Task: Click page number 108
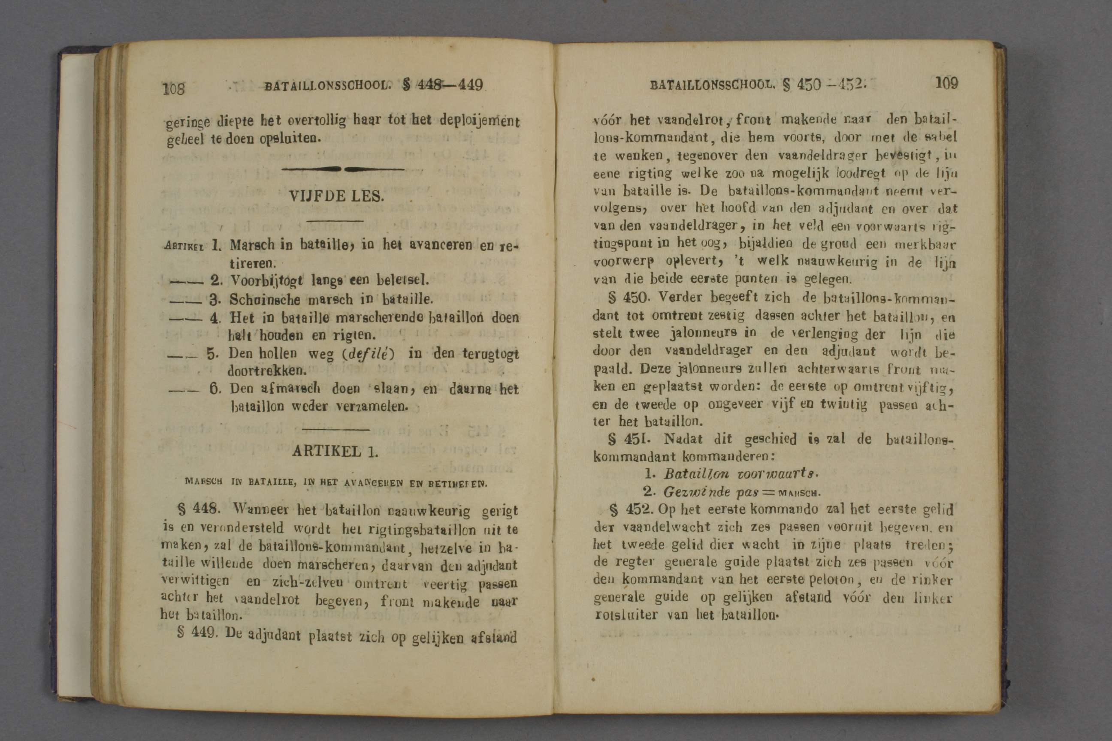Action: (x=173, y=88)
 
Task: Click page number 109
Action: (x=946, y=84)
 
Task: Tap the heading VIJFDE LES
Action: (x=336, y=196)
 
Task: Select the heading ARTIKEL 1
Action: (x=335, y=451)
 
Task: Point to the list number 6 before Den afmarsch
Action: (x=215, y=389)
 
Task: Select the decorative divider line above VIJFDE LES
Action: (x=343, y=169)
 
